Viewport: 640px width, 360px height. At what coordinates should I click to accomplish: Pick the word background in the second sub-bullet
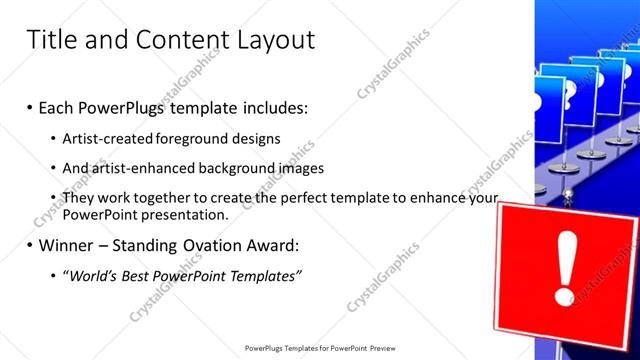point(248,169)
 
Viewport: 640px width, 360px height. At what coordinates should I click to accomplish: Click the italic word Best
point(140,275)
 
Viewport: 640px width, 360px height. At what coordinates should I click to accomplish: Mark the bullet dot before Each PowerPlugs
point(30,108)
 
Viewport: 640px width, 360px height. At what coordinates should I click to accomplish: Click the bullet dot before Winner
point(30,245)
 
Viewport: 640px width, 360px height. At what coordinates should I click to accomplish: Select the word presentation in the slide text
point(185,215)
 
